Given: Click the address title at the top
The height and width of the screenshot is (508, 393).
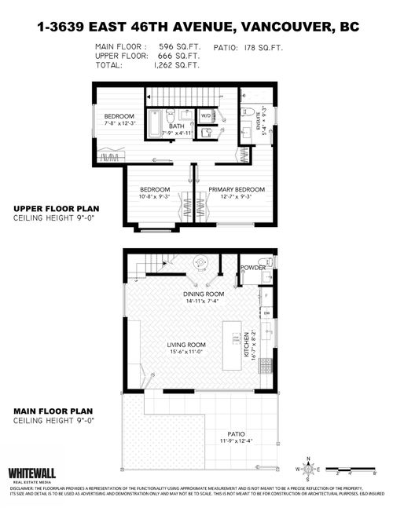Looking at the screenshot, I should click(196, 27).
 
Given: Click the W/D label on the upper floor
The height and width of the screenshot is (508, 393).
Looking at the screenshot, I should click(206, 114).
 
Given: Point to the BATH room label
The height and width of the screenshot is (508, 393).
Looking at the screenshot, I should click(177, 126).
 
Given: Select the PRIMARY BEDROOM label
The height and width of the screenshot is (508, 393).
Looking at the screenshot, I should click(236, 190).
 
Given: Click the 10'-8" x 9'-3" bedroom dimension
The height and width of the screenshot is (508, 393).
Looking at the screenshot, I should click(155, 198).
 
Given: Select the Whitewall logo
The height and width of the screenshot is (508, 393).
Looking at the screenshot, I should click(31, 474).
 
